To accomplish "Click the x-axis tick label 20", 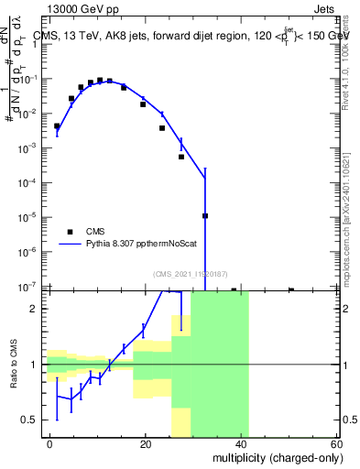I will coord(146,443).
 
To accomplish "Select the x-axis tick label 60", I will coord(337,443).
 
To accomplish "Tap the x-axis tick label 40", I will coord(241,443).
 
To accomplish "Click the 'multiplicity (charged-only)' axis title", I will coord(272,457).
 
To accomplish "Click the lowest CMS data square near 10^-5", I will coord(205,216).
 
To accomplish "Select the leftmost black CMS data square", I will coord(57,125).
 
